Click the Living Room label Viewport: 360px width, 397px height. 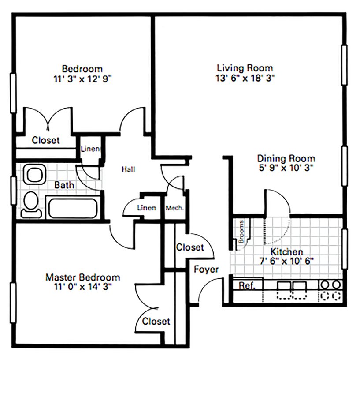click(x=245, y=68)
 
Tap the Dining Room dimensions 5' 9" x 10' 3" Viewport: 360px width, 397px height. click(x=286, y=168)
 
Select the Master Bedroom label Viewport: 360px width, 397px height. click(x=83, y=277)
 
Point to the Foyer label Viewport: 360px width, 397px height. click(x=206, y=270)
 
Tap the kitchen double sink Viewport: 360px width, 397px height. click(x=292, y=290)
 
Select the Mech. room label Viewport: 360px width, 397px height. click(x=174, y=208)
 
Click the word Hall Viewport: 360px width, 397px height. click(x=129, y=169)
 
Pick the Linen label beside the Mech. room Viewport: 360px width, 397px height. click(x=146, y=208)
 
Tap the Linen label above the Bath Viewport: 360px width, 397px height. click(x=90, y=149)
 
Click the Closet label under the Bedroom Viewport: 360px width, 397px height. click(x=45, y=140)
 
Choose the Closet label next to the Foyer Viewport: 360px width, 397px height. click(x=190, y=247)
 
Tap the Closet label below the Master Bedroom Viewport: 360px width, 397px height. click(x=156, y=321)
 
